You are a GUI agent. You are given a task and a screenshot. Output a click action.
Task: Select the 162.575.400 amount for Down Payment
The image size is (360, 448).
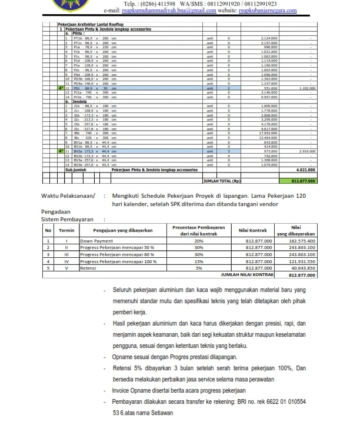tap(302, 241)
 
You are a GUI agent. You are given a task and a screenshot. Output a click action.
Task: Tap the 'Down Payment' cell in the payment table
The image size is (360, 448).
tap(97, 241)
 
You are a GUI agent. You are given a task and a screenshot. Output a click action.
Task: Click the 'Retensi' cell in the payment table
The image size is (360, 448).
tap(88, 268)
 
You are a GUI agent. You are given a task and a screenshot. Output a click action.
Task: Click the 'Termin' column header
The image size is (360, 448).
tap(66, 230)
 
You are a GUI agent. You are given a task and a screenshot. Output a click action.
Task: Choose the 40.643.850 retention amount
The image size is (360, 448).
tap(303, 268)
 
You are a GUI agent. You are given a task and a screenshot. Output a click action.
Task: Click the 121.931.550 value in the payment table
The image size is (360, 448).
tap(302, 261)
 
